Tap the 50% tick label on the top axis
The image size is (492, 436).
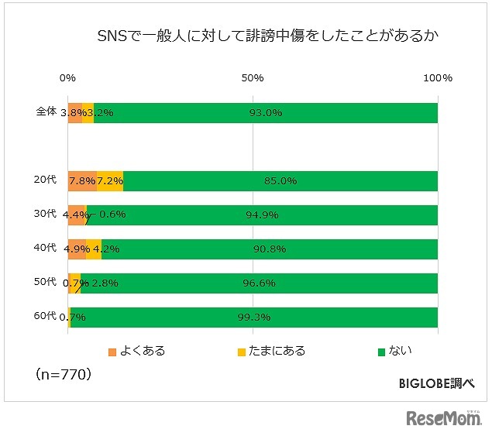(253, 78)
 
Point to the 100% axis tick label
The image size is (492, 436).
(439, 78)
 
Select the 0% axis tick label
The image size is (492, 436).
(68, 78)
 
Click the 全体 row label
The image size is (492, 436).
(46, 112)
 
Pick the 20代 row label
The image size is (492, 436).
(46, 180)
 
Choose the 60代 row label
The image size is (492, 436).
(46, 316)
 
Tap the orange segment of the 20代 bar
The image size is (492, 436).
(82, 180)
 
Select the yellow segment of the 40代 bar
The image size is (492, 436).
(94, 249)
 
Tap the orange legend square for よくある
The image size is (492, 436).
(112, 352)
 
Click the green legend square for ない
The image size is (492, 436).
(381, 352)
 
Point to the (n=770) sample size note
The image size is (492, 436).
(64, 375)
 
